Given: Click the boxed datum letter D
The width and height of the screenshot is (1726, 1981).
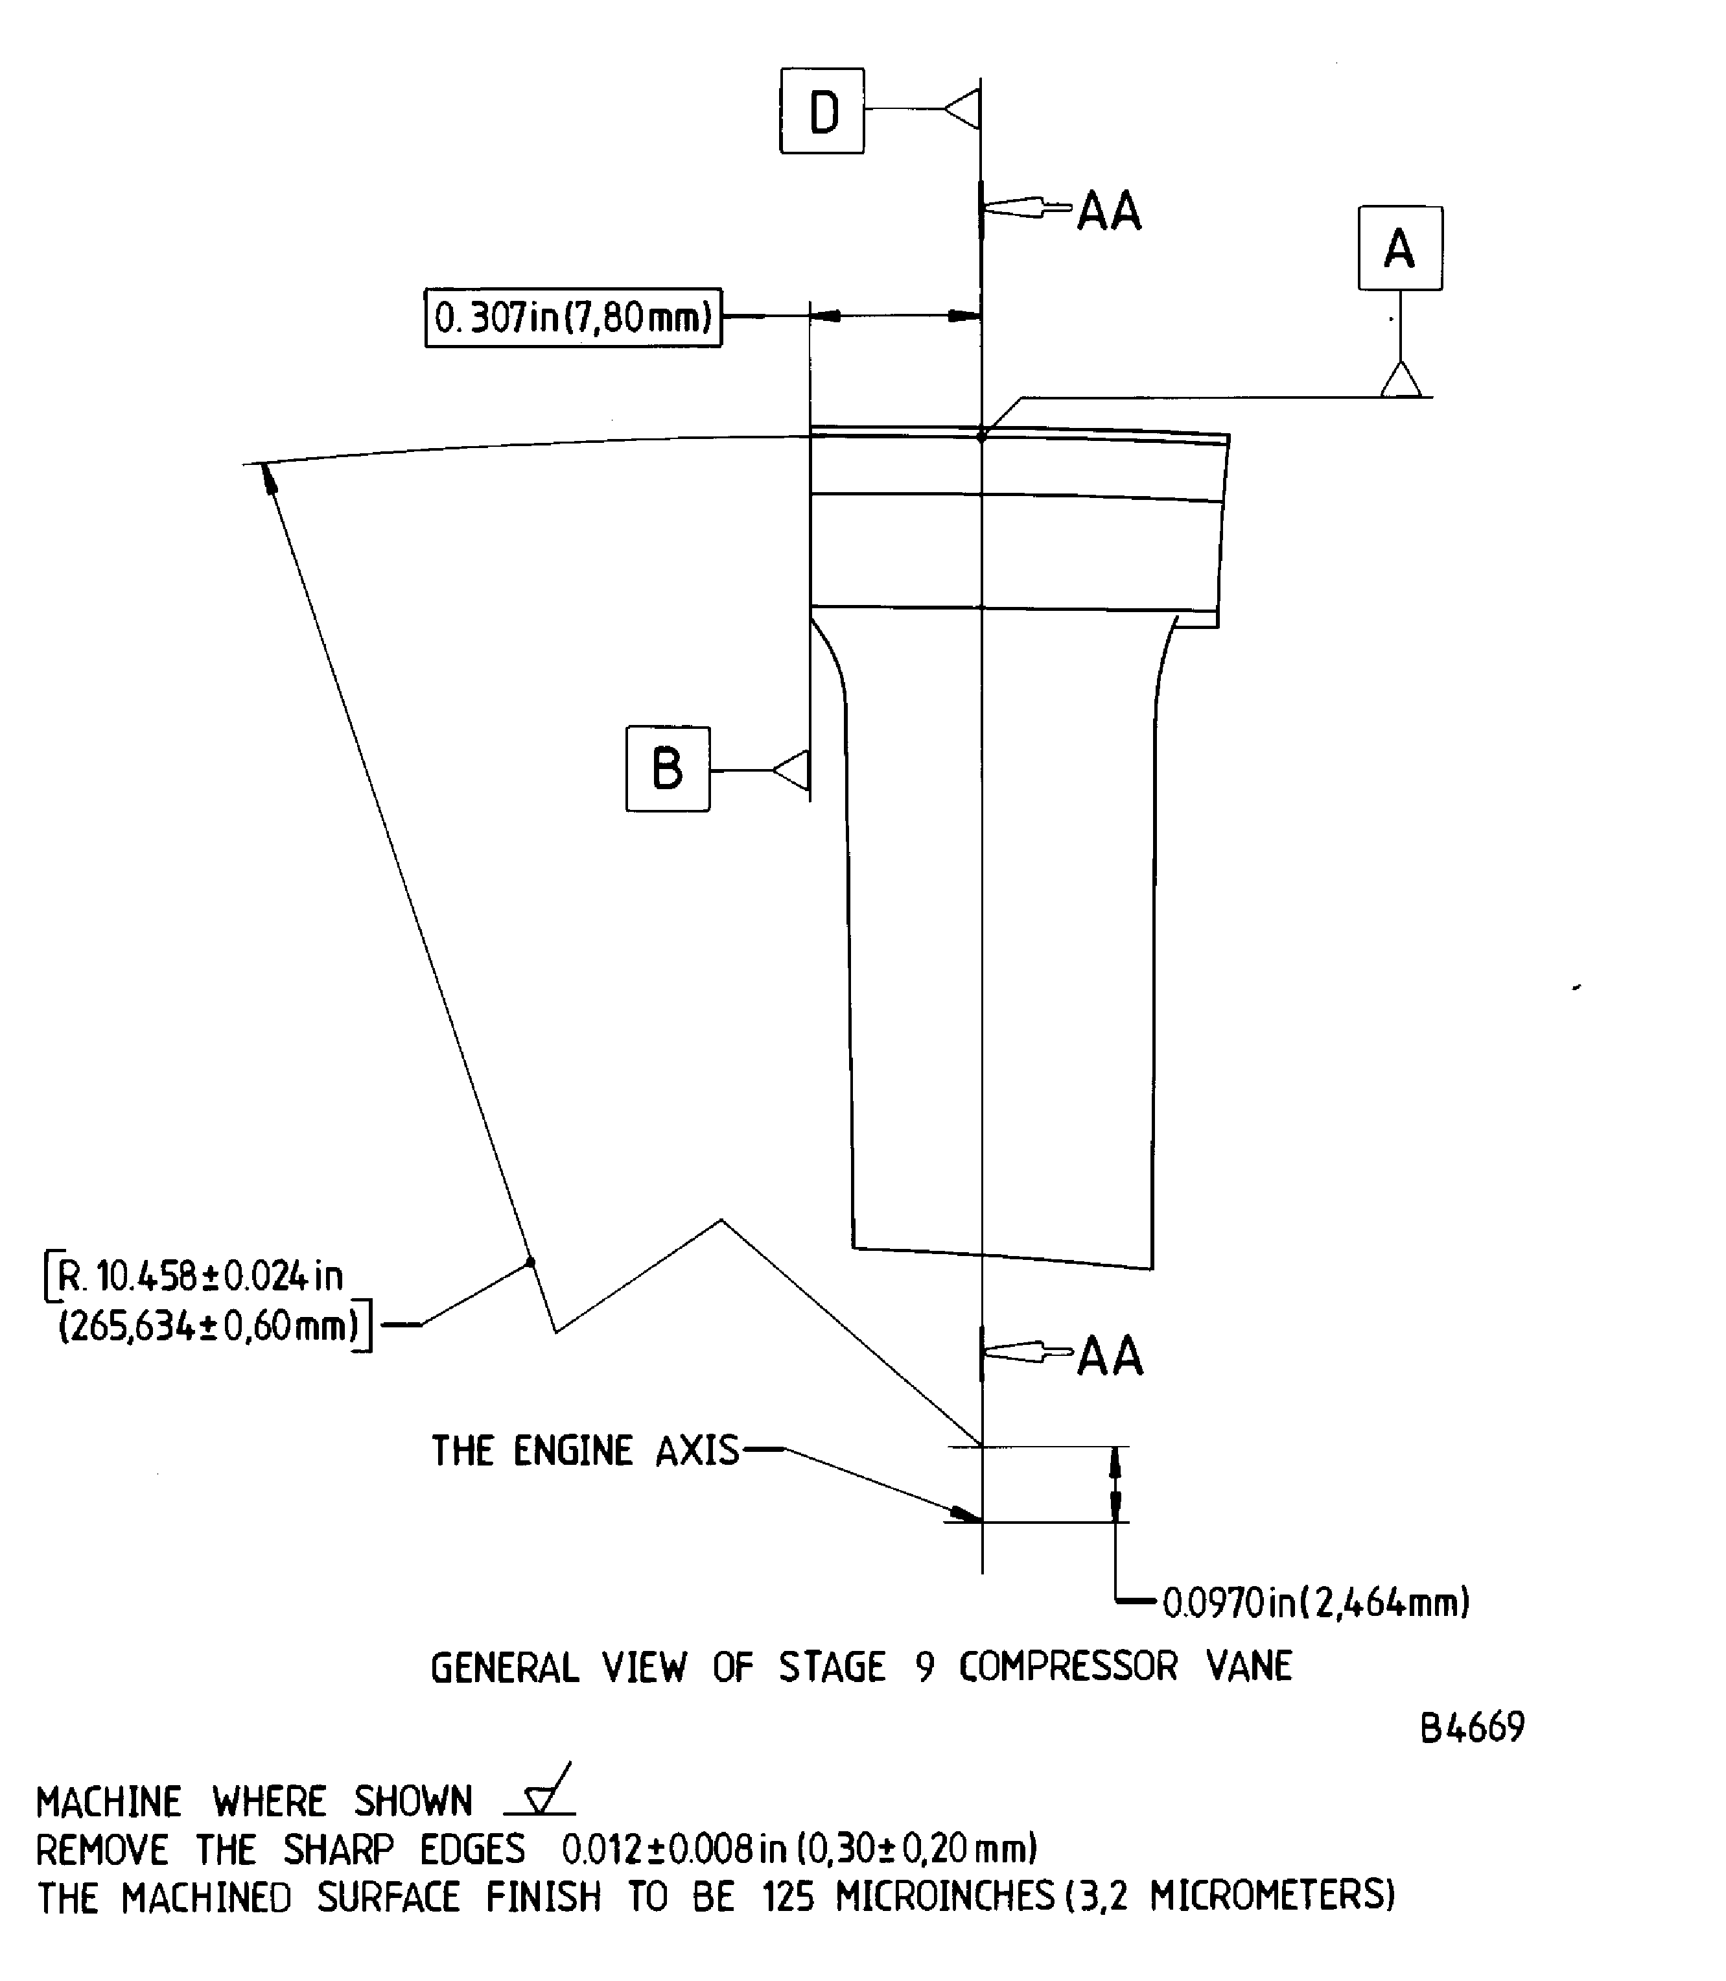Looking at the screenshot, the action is (x=822, y=111).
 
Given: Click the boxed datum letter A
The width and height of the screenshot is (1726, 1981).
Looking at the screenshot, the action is (x=1401, y=248).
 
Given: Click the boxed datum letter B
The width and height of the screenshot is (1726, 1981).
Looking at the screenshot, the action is (x=668, y=769).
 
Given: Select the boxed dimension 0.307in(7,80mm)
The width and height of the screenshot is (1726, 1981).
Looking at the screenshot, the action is (x=573, y=317).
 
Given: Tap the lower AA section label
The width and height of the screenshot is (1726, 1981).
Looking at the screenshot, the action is (x=1110, y=1357).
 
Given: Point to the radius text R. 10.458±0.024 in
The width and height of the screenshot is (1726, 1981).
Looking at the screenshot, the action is (x=200, y=1277).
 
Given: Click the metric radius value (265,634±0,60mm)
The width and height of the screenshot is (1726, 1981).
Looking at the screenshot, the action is (x=209, y=1327).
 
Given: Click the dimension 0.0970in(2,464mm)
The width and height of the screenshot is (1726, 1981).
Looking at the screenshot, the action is (x=1316, y=1602).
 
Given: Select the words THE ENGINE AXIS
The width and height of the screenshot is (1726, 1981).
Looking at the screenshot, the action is (x=585, y=1450).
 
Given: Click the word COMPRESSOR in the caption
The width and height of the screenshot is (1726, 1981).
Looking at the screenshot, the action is (x=1067, y=1667).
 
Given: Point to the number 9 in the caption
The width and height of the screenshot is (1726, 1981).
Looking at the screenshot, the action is (x=925, y=1667).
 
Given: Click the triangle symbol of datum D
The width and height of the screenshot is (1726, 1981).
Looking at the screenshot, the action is (x=962, y=110).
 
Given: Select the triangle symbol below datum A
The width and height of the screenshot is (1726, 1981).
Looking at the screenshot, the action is (x=1401, y=379).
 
